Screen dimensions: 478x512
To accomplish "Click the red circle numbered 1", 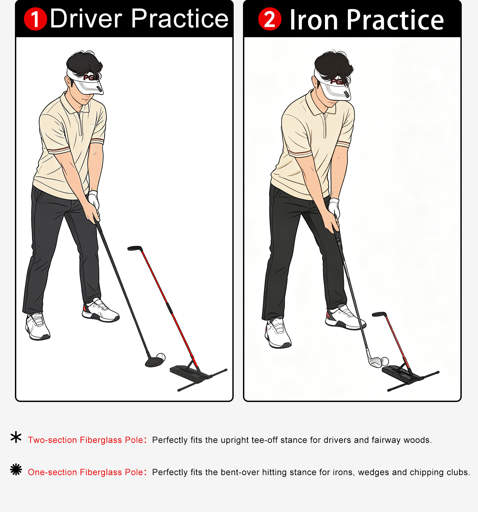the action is (x=36, y=19).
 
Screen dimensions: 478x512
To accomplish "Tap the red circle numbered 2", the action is (x=270, y=19).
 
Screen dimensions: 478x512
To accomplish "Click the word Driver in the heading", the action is (x=86, y=19).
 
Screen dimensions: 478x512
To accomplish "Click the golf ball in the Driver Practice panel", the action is (x=161, y=357).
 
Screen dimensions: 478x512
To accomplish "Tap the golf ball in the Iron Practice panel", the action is (x=385, y=361).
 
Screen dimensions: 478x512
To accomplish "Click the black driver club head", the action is (x=154, y=361).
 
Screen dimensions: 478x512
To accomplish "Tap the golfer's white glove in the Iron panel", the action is (x=334, y=208).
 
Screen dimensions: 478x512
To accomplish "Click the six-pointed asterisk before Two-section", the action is (x=16, y=437).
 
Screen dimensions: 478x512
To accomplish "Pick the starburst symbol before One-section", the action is (x=16, y=469).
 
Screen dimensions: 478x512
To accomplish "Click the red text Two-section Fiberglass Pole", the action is (x=86, y=440).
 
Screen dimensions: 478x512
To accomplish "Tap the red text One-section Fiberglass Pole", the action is (x=86, y=472).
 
